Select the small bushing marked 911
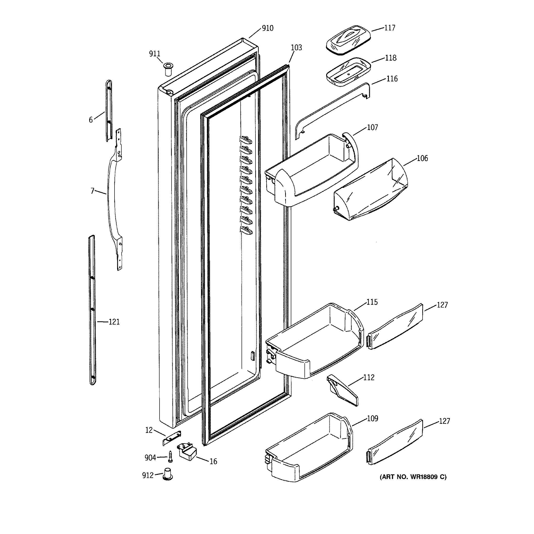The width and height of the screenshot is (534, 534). (168, 69)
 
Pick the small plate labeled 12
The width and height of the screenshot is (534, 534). (172, 438)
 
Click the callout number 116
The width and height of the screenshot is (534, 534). (392, 79)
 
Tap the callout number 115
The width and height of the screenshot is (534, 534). (372, 302)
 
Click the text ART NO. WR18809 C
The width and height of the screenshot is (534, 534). (413, 477)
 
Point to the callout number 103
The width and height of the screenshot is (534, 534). (296, 48)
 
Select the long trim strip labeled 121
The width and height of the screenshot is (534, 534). (92, 310)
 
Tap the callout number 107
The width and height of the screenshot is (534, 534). (372, 127)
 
